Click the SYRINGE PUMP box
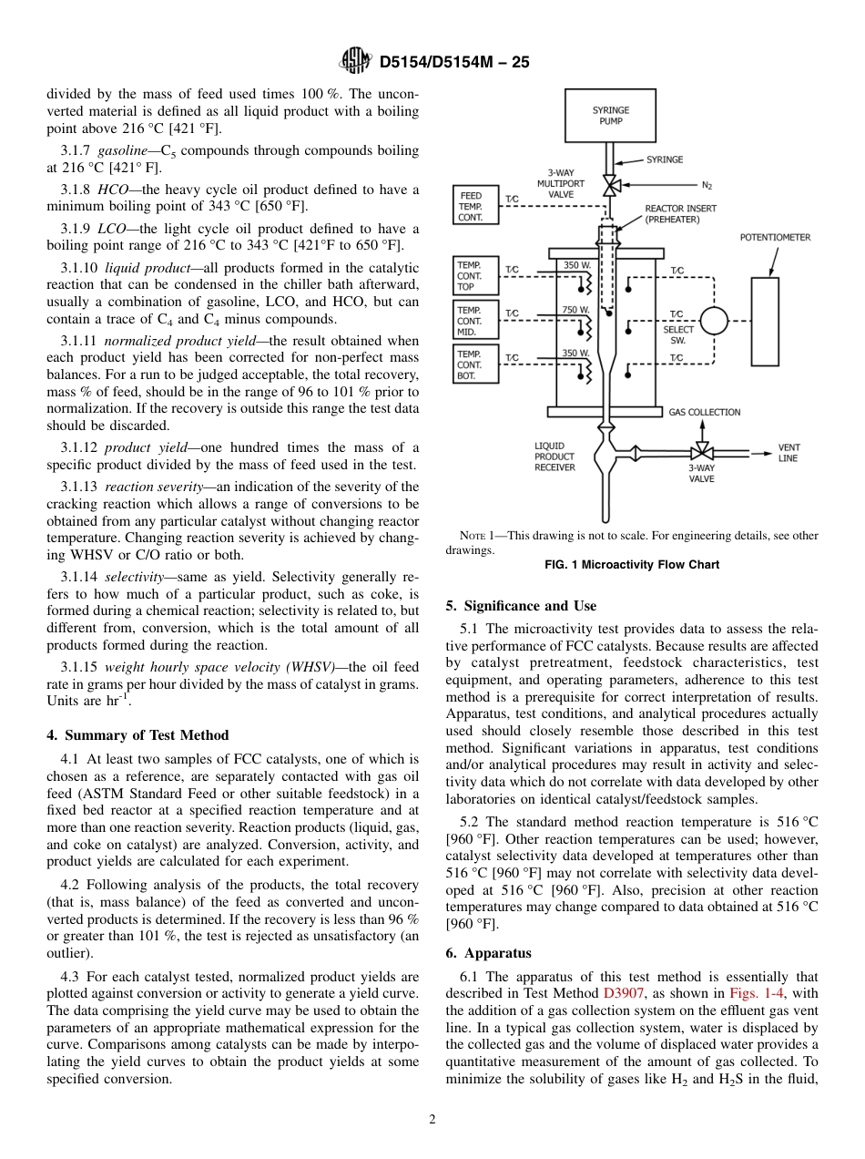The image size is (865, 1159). (610, 116)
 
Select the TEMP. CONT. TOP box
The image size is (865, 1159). (476, 275)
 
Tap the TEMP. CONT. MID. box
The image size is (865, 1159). (476, 320)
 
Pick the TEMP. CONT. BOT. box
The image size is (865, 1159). (476, 364)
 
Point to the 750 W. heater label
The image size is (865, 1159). (575, 310)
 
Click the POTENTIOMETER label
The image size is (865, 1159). (774, 237)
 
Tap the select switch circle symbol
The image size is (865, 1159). (715, 321)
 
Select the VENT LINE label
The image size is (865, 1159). (788, 453)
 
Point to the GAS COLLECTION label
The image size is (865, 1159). (704, 412)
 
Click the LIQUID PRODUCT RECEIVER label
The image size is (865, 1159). (554, 456)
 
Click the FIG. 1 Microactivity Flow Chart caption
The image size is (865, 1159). (632, 565)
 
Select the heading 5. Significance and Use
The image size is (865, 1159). (521, 606)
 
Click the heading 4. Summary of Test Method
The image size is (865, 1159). (137, 735)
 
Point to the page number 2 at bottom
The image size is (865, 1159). (432, 1120)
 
